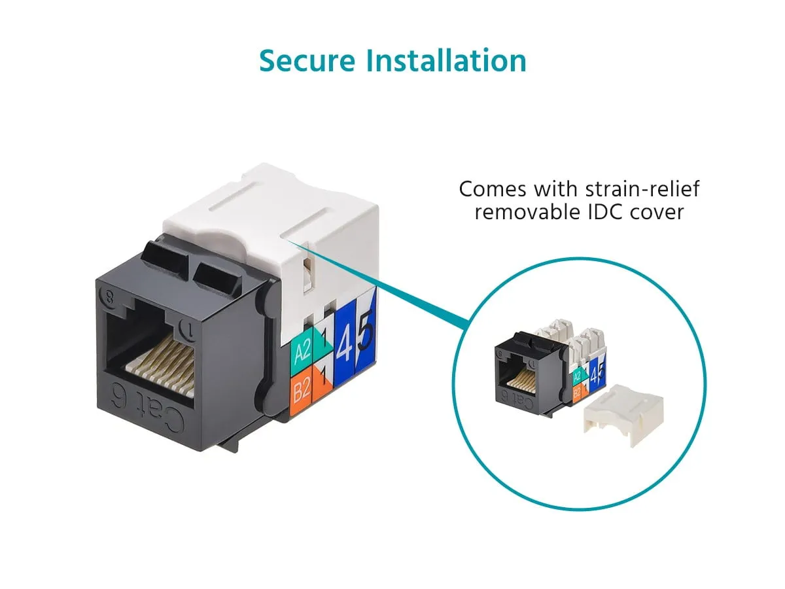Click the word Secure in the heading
point(307,61)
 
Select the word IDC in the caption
point(605,212)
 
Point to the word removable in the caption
point(527,212)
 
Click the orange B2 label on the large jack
point(302,390)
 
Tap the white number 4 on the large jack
point(344,343)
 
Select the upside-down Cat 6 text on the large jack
point(147,406)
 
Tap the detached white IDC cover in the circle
point(623,414)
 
